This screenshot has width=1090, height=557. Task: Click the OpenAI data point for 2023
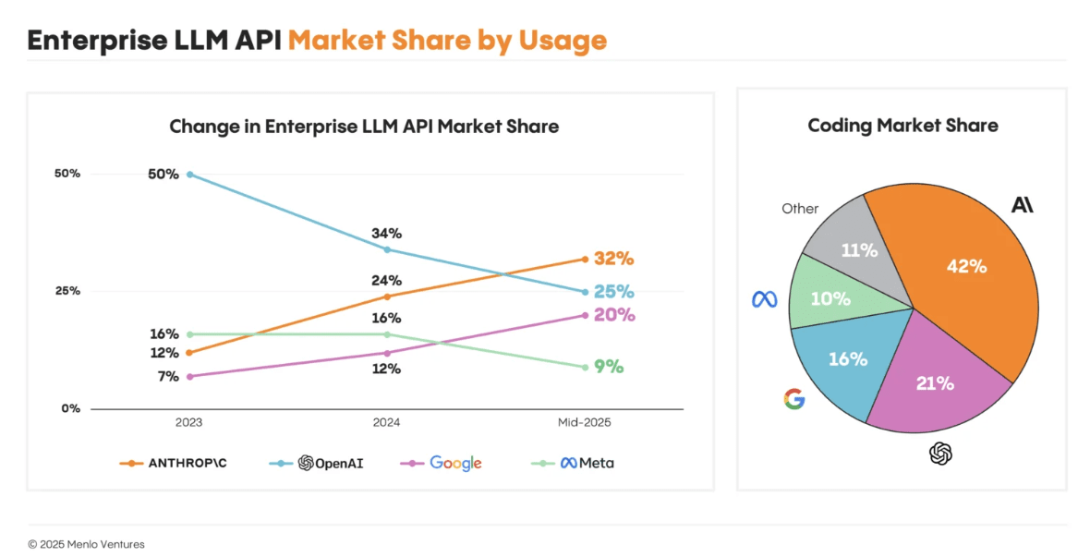tap(189, 174)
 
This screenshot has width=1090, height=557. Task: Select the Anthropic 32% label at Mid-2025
tap(613, 259)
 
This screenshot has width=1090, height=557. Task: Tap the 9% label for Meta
tap(609, 367)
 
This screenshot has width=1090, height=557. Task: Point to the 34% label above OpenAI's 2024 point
tap(386, 234)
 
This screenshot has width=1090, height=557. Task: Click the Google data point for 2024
tap(386, 353)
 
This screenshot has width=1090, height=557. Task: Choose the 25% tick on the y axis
tap(67, 291)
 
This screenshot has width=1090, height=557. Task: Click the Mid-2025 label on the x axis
tap(584, 422)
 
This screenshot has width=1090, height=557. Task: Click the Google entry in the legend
tap(455, 463)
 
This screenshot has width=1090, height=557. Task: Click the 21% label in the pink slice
tap(934, 382)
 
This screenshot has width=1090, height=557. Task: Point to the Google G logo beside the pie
tap(793, 399)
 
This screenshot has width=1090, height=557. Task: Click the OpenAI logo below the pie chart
tap(940, 454)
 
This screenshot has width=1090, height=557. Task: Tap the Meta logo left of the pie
tap(764, 299)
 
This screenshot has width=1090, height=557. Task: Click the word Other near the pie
tap(800, 209)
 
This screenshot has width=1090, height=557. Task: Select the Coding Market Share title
tap(902, 126)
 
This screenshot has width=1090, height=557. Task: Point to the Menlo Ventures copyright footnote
tap(86, 544)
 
